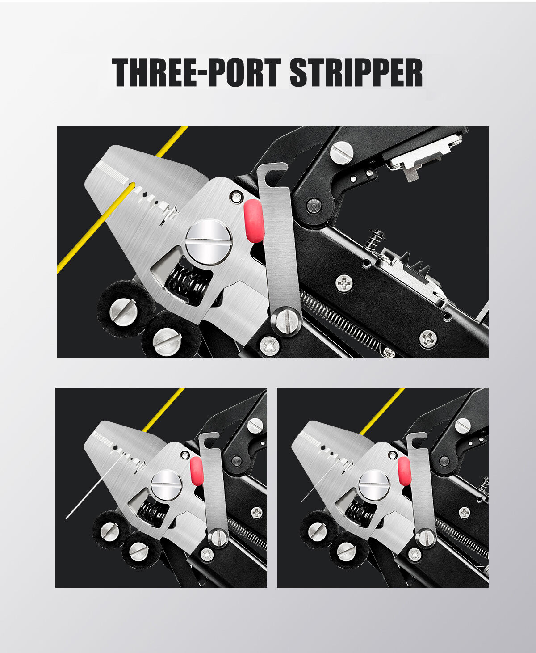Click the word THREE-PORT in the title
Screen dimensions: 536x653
pyautogui.click(x=196, y=72)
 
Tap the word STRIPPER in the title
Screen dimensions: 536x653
pyautogui.click(x=356, y=72)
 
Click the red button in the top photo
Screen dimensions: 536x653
pyautogui.click(x=253, y=221)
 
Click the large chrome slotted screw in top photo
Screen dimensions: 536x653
pyautogui.click(x=209, y=242)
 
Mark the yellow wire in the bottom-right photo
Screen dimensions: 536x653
pyautogui.click(x=382, y=411)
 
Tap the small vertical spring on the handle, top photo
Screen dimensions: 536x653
pyautogui.click(x=374, y=239)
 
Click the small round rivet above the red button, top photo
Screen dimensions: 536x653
pyautogui.click(x=236, y=197)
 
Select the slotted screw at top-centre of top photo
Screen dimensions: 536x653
pyautogui.click(x=342, y=152)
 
